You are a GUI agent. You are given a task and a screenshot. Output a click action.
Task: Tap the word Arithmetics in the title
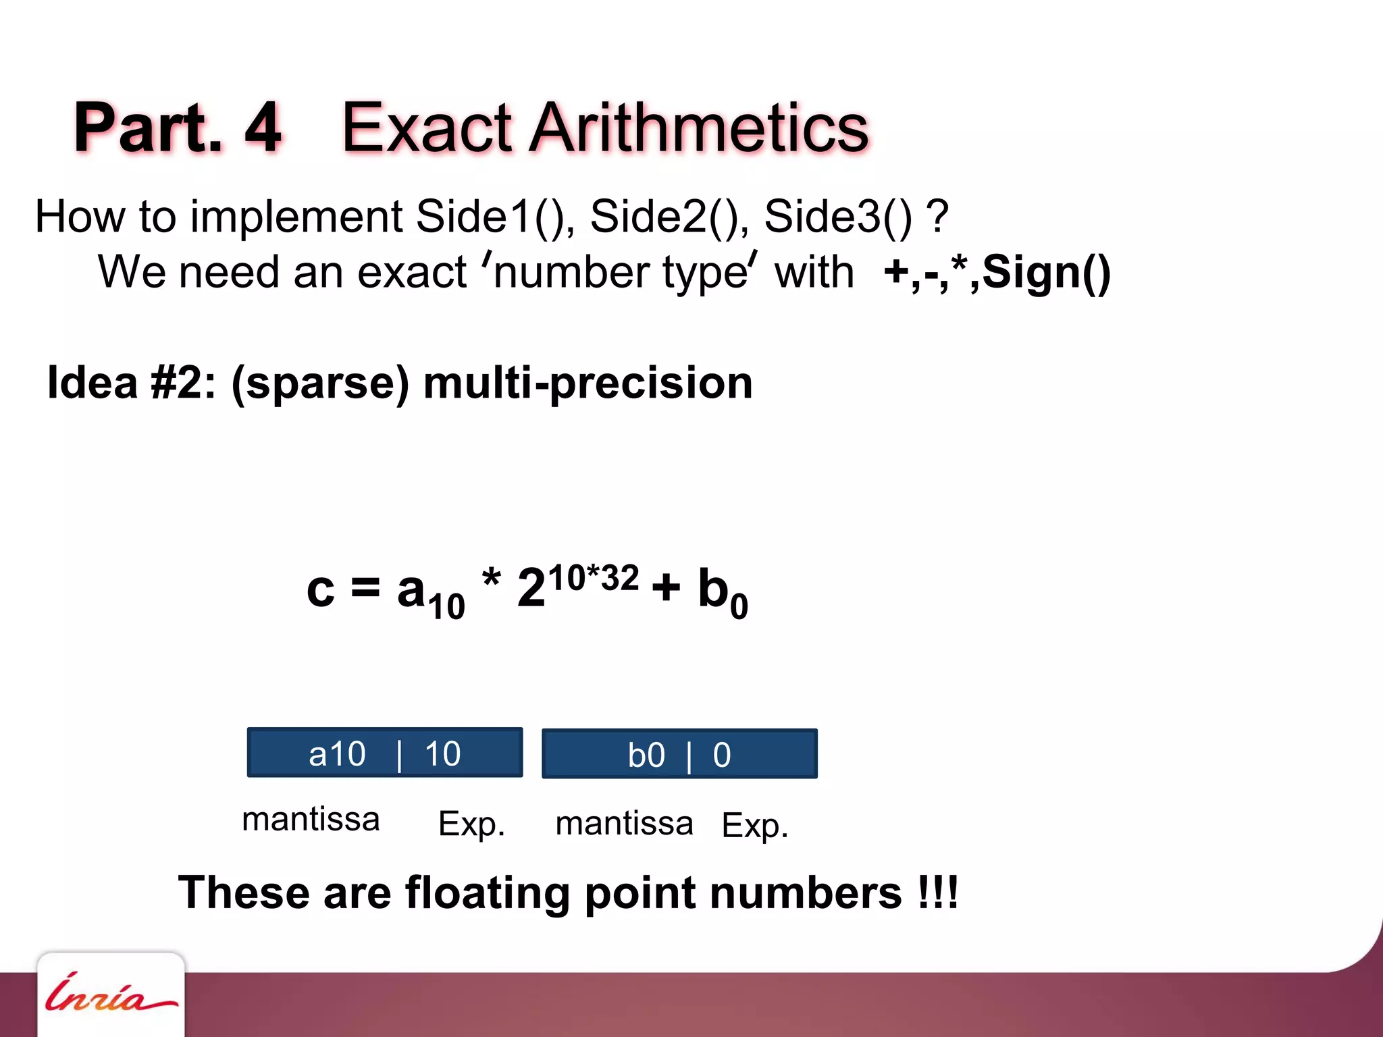pos(699,128)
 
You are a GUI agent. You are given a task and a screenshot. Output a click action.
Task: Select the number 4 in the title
pos(263,128)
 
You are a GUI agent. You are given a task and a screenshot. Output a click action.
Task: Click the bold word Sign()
pos(1046,273)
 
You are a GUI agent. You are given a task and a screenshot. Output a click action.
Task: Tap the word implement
pos(296,217)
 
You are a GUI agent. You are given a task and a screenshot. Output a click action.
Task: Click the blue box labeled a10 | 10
pos(385,753)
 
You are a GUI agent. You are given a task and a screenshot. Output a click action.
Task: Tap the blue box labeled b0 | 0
pos(679,754)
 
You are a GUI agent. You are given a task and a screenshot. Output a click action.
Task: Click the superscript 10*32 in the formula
pos(593,579)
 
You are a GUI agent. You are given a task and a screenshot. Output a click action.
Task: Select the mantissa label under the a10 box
pos(311,820)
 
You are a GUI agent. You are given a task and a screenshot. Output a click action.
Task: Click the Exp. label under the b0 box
pos(754,825)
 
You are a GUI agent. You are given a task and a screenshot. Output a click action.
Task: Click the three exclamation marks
pos(938,893)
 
